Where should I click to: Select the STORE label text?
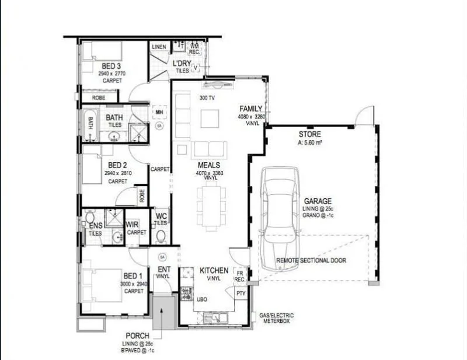click(x=309, y=135)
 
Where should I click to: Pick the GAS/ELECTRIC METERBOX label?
click(x=276, y=319)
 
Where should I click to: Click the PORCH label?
click(x=137, y=335)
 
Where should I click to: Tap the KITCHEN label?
click(x=214, y=271)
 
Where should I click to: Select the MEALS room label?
click(x=208, y=166)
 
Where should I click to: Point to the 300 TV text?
click(x=207, y=97)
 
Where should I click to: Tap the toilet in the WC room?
click(x=161, y=236)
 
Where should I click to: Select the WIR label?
click(x=132, y=224)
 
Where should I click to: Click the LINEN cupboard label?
click(x=159, y=47)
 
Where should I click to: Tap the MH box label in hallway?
click(x=158, y=111)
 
